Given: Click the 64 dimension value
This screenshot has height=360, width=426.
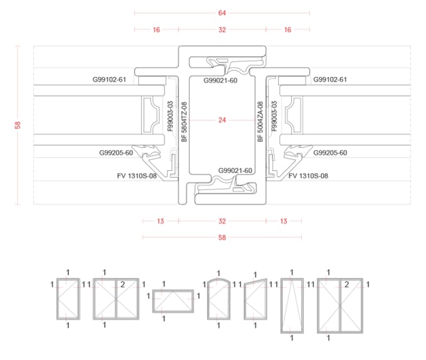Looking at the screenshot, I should click(222, 13).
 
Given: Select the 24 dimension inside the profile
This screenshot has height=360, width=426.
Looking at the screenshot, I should click(222, 120).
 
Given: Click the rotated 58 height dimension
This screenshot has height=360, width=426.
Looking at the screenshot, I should click(18, 125).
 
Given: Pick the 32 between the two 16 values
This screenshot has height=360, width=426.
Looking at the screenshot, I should click(222, 30).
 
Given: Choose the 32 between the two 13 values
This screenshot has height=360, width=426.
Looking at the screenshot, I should click(222, 221).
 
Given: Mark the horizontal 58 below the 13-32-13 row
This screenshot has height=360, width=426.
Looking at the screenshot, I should click(222, 237).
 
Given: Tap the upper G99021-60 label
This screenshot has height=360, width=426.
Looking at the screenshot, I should click(220, 81).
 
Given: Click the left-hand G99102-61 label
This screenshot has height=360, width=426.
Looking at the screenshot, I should click(109, 80).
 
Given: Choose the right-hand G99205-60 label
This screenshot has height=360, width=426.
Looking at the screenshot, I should click(330, 153).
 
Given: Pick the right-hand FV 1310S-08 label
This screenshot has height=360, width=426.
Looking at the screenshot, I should click(309, 176).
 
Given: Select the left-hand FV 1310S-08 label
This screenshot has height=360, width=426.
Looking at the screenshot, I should click(137, 176).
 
